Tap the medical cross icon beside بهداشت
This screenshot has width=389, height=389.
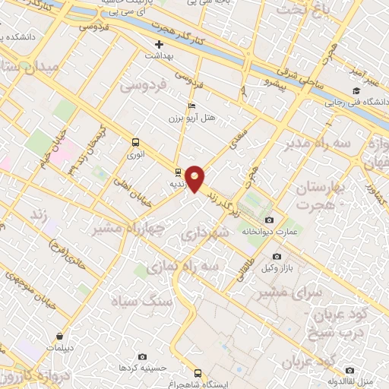click(159, 45)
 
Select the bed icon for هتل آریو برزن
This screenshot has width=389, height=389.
click(191, 106)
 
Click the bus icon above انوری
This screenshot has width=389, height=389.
click(135, 141)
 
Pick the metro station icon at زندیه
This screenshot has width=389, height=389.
click(177, 172)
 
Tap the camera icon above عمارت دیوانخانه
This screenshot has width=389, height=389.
click(269, 220)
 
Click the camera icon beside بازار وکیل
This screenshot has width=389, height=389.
click(276, 257)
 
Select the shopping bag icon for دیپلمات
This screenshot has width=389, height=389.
click(58, 335)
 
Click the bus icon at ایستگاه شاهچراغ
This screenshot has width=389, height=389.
click(198, 373)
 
